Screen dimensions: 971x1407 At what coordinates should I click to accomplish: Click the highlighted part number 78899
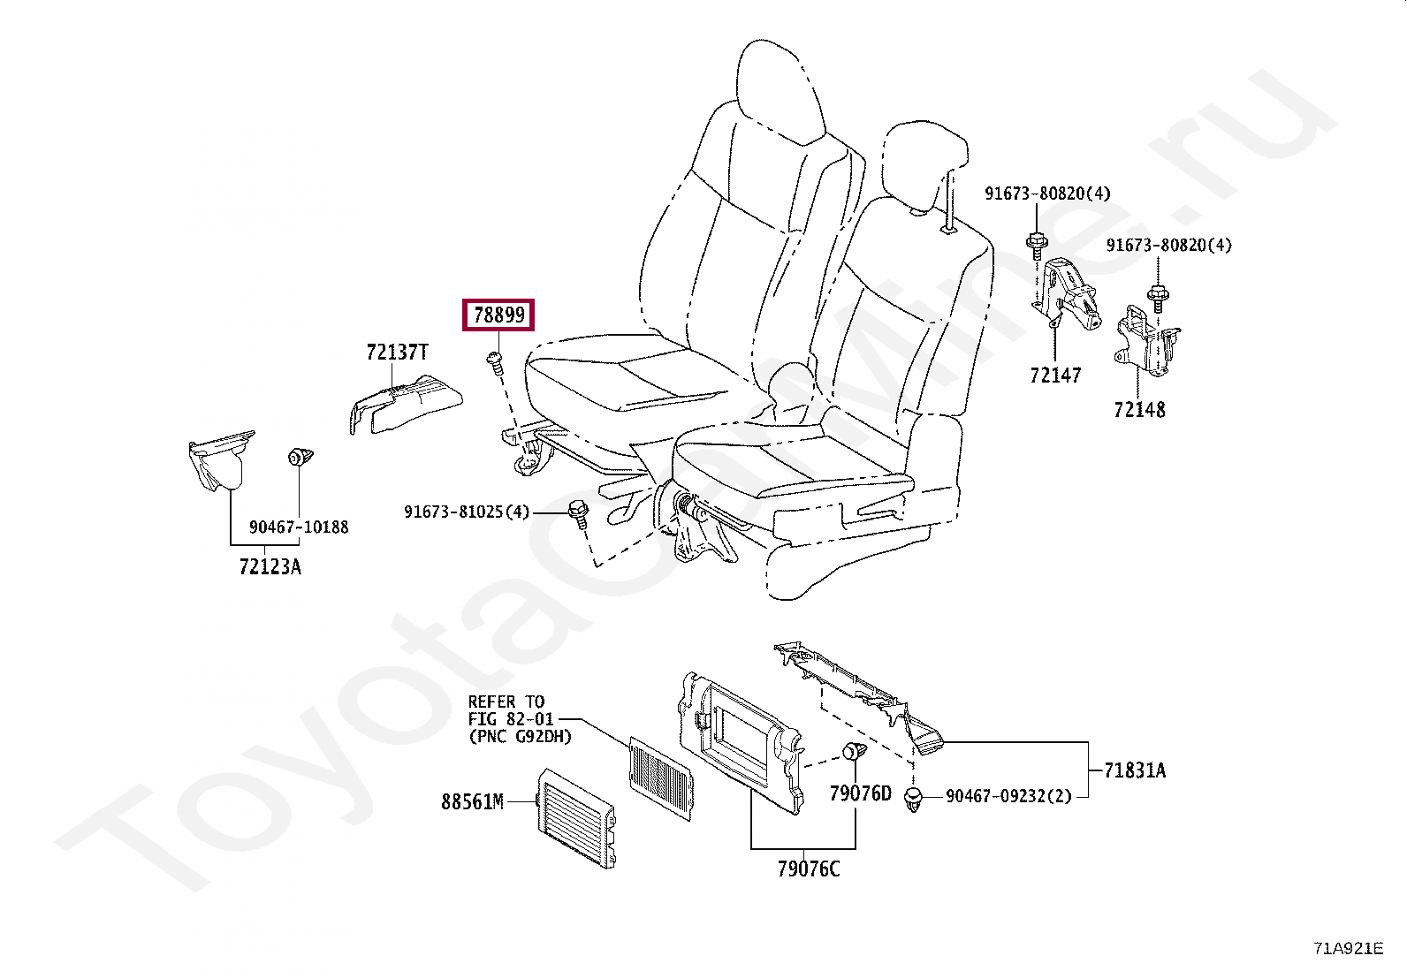[x=498, y=315]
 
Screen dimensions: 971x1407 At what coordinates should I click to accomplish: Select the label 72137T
[x=397, y=353]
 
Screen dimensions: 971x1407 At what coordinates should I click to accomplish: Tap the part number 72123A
[x=270, y=567]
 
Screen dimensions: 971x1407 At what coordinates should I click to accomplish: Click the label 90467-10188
[x=299, y=527]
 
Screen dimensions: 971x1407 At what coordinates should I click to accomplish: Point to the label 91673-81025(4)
[x=467, y=512]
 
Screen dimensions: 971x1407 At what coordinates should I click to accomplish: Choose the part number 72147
[x=1055, y=376]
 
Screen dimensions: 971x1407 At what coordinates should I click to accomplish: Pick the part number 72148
[x=1139, y=410]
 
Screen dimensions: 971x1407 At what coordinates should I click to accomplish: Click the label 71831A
[x=1135, y=770]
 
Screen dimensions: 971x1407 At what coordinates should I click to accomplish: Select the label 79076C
[x=809, y=869]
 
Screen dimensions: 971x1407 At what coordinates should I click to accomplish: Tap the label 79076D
[x=860, y=793]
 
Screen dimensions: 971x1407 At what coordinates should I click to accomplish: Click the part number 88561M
[x=472, y=802]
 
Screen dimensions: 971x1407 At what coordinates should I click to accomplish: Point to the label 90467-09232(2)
[x=1008, y=796]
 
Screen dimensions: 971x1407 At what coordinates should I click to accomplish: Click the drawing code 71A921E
[x=1348, y=949]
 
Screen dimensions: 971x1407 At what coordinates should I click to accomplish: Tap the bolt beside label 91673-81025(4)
[x=578, y=512]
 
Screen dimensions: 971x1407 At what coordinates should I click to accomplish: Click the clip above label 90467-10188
[x=300, y=458]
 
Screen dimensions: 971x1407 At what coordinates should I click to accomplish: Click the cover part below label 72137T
[x=407, y=405]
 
